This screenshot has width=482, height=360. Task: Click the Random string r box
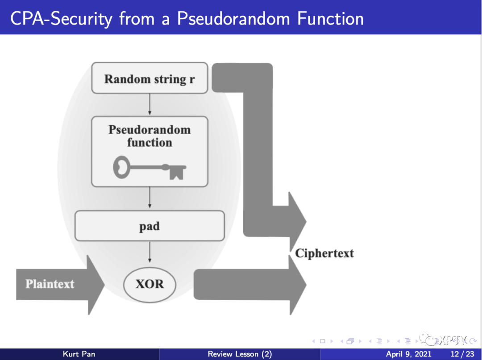pyautogui.click(x=150, y=79)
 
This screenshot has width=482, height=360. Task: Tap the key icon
pyautogui.click(x=150, y=168)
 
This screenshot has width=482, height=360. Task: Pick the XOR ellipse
pyautogui.click(x=150, y=284)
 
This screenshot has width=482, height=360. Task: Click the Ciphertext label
pyautogui.click(x=324, y=253)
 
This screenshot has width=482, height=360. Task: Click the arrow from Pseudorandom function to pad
pyautogui.click(x=150, y=198)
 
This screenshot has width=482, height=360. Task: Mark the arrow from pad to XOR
pyautogui.click(x=150, y=252)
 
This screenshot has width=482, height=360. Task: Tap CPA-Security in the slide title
pyautogui.click(x=60, y=19)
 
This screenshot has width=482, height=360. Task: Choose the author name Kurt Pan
pyautogui.click(x=79, y=354)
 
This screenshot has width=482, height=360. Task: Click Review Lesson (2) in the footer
pyautogui.click(x=240, y=354)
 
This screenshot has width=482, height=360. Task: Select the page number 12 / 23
pyautogui.click(x=463, y=354)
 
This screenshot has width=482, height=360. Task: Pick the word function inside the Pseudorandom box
pyautogui.click(x=150, y=143)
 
